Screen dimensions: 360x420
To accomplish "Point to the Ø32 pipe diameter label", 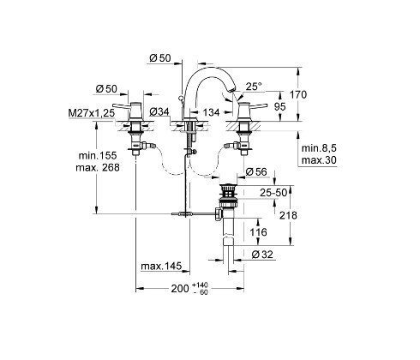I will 263,254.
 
